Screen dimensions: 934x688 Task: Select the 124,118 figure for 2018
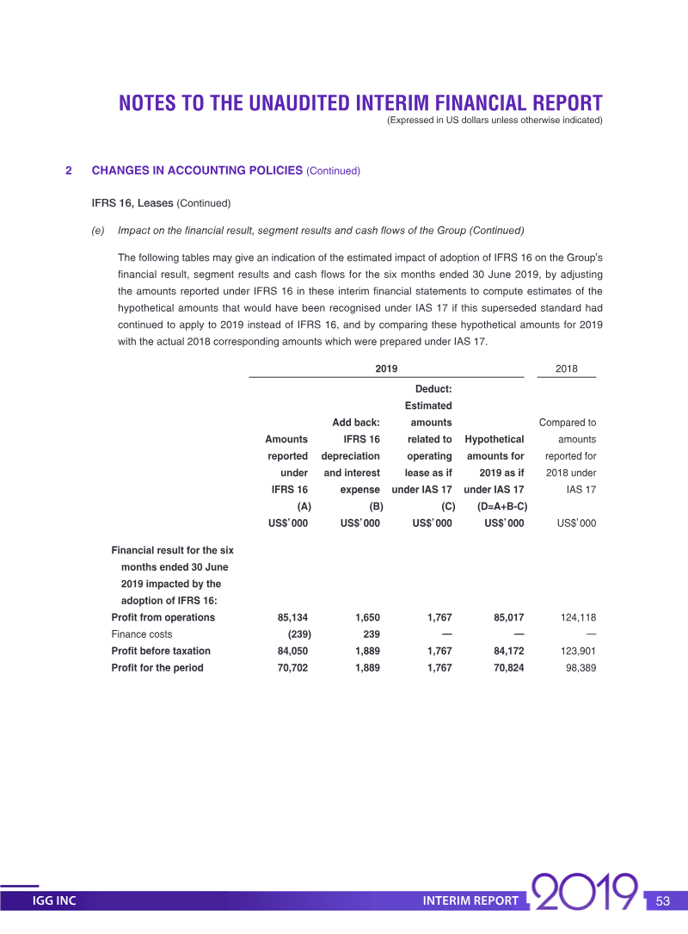[x=576, y=618]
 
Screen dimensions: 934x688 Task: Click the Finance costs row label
[x=141, y=634]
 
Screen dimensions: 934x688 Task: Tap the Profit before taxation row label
[x=161, y=651]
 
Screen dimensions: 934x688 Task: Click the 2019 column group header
[x=386, y=368]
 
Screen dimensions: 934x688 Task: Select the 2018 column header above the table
[x=566, y=368]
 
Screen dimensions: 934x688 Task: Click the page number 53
[x=662, y=901]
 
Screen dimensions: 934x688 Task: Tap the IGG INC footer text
[x=54, y=901]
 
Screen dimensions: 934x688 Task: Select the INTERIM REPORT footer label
[x=470, y=901]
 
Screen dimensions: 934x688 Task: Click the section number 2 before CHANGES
[x=69, y=170]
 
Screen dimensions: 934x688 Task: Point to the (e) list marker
[x=98, y=231]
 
